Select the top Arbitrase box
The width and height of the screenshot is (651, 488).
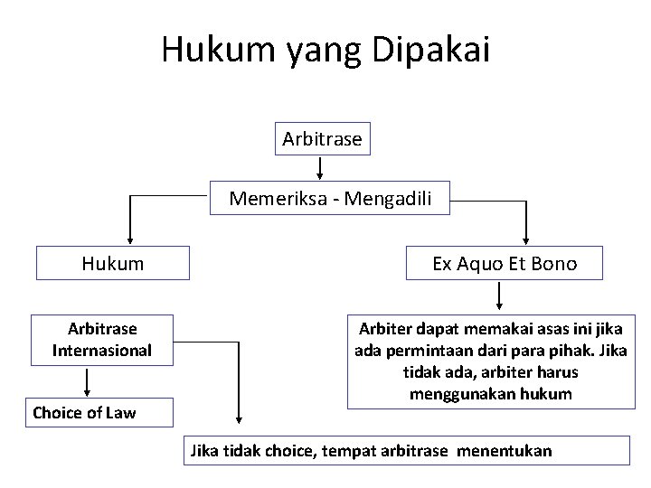pos(322,139)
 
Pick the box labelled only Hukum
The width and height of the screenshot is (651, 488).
pos(112,263)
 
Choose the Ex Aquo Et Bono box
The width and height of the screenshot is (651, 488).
pos(504,263)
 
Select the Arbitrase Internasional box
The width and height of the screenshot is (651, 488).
pos(102,338)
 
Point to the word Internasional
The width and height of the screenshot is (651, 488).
pos(102,350)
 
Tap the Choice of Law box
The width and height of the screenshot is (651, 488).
pos(84,413)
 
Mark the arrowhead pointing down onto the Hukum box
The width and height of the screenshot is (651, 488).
pos(130,240)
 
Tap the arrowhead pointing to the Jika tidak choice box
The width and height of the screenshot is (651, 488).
pos(239,418)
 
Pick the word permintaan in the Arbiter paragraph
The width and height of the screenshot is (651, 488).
pos(420,350)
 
